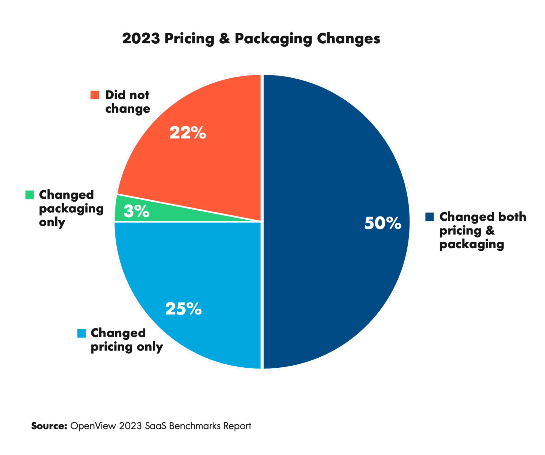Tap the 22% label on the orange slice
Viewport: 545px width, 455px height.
tap(188, 133)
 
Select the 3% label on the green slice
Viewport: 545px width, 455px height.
tap(136, 211)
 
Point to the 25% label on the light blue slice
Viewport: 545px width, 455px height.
tap(183, 309)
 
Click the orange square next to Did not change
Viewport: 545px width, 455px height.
tap(95, 95)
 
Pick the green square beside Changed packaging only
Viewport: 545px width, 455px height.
tap(29, 195)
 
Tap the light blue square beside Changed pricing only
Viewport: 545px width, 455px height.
tap(82, 333)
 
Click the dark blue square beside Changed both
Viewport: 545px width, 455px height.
tap(429, 217)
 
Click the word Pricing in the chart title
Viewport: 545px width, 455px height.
tap(189, 38)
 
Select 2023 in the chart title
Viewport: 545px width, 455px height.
tap(141, 38)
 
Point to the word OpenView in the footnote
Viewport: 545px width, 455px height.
tap(93, 426)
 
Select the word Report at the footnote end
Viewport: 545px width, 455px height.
tap(237, 426)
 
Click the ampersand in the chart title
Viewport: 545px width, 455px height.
tap(224, 38)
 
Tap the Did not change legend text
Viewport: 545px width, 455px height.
tap(127, 102)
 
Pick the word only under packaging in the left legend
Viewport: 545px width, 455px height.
tap(52, 223)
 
